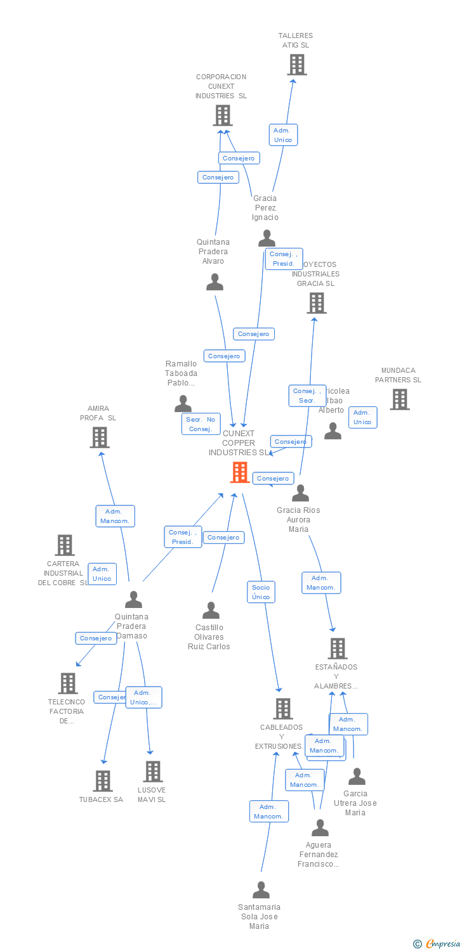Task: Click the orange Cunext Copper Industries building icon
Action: pos(240,472)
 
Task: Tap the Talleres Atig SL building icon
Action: pos(296,65)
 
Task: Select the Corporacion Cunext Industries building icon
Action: pos(222,115)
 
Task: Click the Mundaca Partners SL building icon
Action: pos(399,399)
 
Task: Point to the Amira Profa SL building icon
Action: pos(99,437)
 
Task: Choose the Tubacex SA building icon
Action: pos(103,781)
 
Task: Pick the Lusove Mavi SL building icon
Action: pos(153,772)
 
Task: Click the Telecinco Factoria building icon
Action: pos(68,683)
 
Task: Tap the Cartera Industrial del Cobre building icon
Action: pos(64,545)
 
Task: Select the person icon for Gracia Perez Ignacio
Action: pos(267,239)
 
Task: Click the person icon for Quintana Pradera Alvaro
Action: pos(214,282)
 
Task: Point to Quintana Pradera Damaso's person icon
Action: pos(133,600)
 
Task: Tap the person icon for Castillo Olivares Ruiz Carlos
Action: pos(211,611)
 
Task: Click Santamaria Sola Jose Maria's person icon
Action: pos(261,890)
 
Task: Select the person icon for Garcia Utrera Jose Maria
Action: pos(357,777)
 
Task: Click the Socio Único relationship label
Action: pos(261,592)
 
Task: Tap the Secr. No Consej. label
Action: pos(201,424)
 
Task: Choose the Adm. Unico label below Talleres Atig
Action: pos(282,135)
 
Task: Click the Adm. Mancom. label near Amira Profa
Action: pos(115,516)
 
